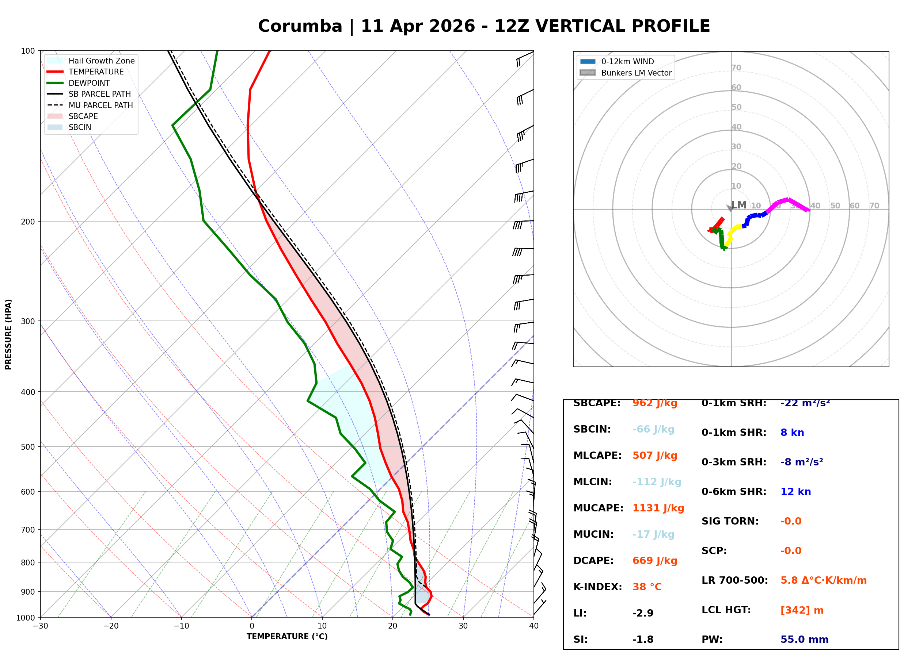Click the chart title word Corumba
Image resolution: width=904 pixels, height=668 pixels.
(x=300, y=26)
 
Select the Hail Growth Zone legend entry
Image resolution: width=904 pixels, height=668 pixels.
(x=91, y=61)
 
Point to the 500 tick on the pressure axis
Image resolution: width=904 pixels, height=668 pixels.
(x=28, y=447)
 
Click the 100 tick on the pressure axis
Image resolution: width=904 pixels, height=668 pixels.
(x=28, y=51)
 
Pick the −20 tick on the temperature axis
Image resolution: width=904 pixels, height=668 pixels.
(x=111, y=626)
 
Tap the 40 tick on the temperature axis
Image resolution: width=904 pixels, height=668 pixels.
(x=534, y=626)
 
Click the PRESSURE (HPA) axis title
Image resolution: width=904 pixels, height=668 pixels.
(x=8, y=334)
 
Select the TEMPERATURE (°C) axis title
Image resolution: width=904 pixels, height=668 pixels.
(x=287, y=637)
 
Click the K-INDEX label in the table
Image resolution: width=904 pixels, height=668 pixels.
(x=598, y=587)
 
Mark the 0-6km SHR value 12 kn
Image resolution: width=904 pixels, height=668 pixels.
(x=795, y=492)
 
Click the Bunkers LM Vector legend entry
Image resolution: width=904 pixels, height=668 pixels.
(x=626, y=73)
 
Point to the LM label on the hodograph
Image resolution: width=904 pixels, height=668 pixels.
(x=739, y=205)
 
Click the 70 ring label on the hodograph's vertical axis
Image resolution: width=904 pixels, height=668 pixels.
(x=736, y=68)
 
